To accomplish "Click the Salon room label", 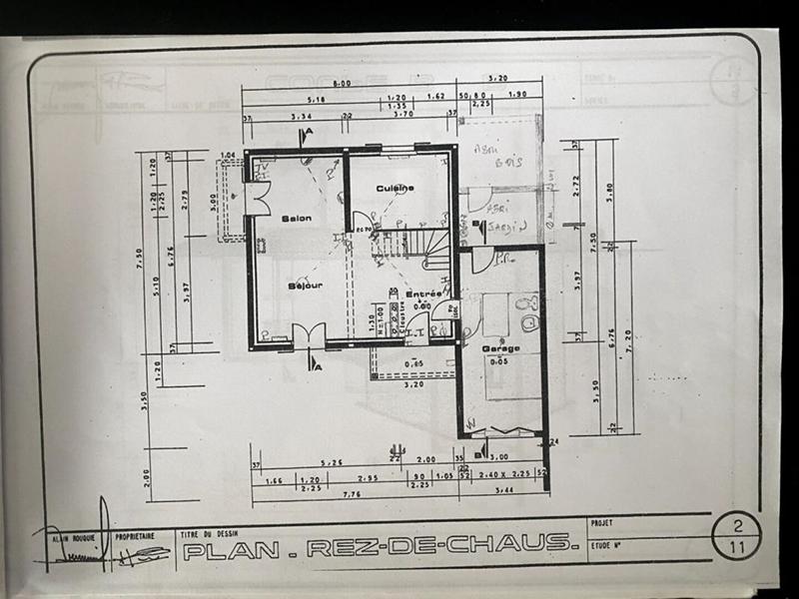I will tap(296, 218).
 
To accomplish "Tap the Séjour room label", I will tap(305, 286).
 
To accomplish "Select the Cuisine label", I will tap(396, 188).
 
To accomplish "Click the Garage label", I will tap(500, 348).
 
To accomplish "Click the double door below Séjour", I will tap(309, 336).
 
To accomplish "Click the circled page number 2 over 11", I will tap(737, 537).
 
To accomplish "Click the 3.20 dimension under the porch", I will tap(413, 383).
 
